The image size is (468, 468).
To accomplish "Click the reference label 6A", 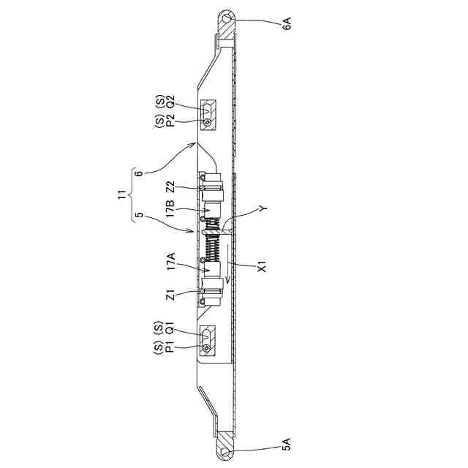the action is point(287,23).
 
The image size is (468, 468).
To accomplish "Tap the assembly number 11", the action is point(121,196).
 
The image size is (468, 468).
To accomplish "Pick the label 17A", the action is point(171,262).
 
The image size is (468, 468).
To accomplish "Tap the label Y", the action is point(263,208).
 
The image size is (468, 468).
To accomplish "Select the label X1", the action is point(262,266).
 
